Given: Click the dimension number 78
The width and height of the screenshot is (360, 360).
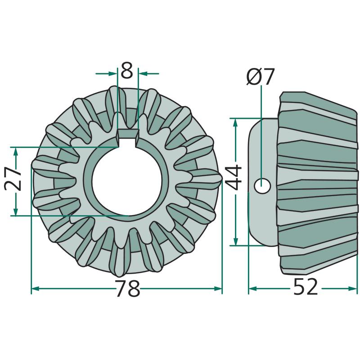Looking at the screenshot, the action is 128,288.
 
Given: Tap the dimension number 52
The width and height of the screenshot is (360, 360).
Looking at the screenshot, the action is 306,287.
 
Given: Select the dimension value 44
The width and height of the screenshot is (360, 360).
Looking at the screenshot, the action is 234,178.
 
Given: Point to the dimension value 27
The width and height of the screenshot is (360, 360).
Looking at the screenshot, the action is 13,179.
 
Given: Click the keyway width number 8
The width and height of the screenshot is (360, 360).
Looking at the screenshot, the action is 127,70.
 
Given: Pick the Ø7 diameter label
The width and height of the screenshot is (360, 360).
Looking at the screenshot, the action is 261,76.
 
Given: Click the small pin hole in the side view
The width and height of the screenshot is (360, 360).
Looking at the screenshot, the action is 262,185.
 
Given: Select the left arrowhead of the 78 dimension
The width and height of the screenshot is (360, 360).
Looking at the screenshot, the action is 35,288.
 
